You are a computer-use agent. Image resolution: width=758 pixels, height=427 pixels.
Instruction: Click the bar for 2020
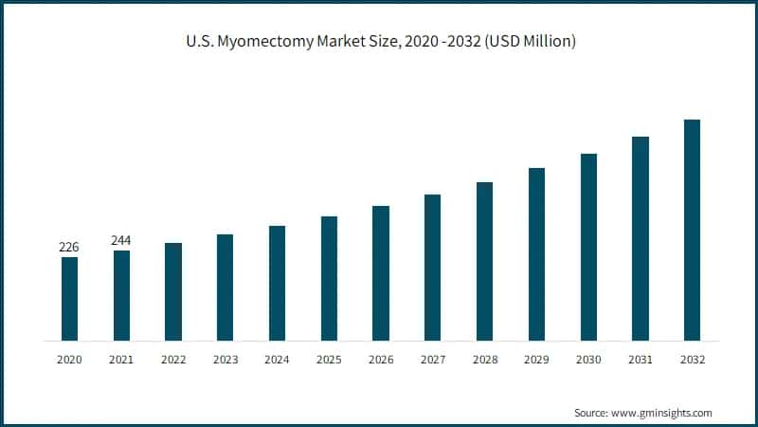(x=69, y=298)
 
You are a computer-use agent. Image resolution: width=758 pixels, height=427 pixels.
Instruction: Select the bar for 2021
(x=121, y=295)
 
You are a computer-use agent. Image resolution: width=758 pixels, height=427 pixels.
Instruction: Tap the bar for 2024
(x=277, y=283)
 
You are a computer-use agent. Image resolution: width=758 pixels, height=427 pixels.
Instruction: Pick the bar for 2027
(x=432, y=267)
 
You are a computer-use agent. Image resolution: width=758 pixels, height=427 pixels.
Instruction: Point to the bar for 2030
(x=588, y=247)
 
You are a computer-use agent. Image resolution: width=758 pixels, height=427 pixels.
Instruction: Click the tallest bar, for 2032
(x=692, y=230)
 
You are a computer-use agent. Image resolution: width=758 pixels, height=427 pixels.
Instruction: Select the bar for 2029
(x=536, y=253)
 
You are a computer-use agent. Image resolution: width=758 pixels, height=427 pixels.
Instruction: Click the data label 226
(x=69, y=248)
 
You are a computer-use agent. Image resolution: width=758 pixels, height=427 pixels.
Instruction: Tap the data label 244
(x=121, y=241)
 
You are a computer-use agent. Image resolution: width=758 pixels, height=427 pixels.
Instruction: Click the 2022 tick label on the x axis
(x=173, y=361)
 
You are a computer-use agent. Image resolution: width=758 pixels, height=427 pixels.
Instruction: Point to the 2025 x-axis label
(x=329, y=361)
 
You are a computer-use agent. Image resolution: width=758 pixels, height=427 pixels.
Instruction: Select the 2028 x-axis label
(x=484, y=361)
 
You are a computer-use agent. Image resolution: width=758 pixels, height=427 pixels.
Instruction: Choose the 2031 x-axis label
(x=640, y=361)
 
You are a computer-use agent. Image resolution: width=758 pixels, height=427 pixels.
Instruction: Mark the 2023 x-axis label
(x=225, y=361)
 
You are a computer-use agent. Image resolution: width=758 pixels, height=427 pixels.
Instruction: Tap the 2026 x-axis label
(x=381, y=361)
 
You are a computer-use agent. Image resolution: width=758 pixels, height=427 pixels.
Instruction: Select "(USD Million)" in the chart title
(x=528, y=43)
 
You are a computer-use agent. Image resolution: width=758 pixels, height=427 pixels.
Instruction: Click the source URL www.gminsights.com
(x=661, y=413)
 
